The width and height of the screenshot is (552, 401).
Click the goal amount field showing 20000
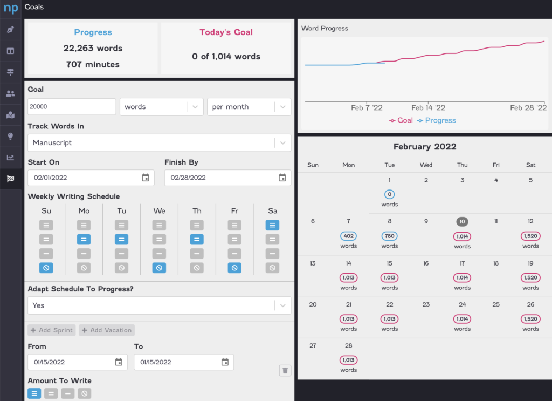point(72,107)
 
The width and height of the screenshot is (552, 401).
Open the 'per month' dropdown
point(249,107)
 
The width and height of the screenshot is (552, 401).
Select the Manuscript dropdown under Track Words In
point(159,143)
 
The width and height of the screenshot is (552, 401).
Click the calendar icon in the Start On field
point(146,178)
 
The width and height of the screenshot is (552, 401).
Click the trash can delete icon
point(285,370)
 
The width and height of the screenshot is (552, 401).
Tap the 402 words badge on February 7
point(349,236)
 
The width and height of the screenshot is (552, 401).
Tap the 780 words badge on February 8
point(390,236)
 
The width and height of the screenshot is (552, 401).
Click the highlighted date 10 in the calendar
point(462,221)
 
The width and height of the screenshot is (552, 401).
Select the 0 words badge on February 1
point(390,194)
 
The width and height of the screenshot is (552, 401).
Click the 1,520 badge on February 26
point(530,319)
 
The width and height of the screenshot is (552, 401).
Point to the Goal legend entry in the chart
point(401,120)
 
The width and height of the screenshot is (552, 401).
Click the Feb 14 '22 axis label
point(429,108)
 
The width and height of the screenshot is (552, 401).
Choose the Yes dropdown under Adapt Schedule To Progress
point(159,305)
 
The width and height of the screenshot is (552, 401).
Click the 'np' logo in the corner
point(11,9)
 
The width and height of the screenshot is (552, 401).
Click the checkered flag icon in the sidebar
point(10,179)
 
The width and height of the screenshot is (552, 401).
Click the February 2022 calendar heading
point(425,147)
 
